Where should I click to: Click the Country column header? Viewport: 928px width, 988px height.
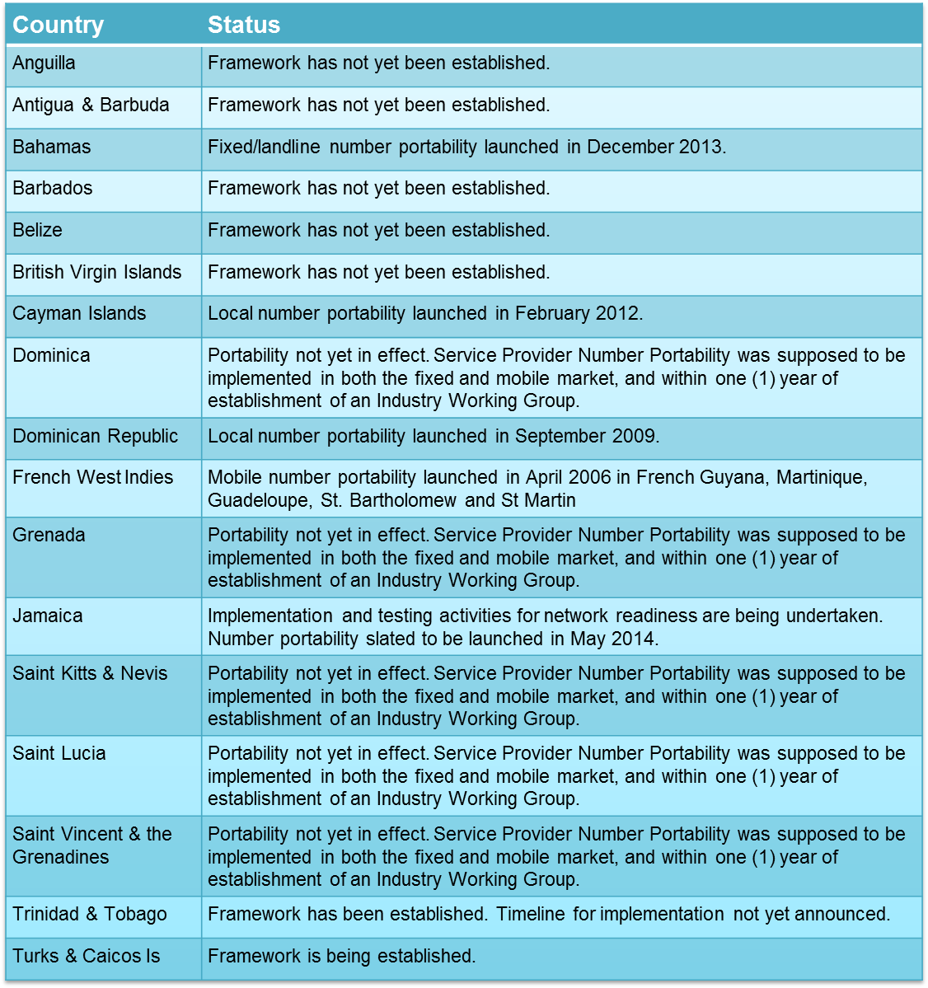tap(58, 25)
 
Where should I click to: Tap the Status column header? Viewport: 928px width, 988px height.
tap(244, 25)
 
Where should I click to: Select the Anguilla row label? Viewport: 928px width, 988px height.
tap(45, 63)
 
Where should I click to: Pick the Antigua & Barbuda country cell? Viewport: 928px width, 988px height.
tap(91, 105)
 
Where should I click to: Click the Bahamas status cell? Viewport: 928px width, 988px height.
tap(466, 147)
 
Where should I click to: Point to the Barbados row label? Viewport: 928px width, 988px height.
tap(53, 189)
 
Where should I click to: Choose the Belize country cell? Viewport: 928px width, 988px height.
tap(38, 231)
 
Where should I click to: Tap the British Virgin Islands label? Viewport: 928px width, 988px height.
tap(97, 273)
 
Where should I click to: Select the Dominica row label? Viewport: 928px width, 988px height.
tap(52, 356)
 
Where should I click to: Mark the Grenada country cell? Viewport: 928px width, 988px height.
tap(49, 536)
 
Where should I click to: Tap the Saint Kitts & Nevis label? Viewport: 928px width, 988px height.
tap(90, 674)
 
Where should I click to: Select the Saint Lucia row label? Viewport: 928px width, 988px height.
tap(59, 754)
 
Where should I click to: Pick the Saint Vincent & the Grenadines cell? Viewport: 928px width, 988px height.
tap(92, 845)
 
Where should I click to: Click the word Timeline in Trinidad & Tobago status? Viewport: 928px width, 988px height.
tap(531, 915)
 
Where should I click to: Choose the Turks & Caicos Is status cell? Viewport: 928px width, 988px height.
tap(342, 957)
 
